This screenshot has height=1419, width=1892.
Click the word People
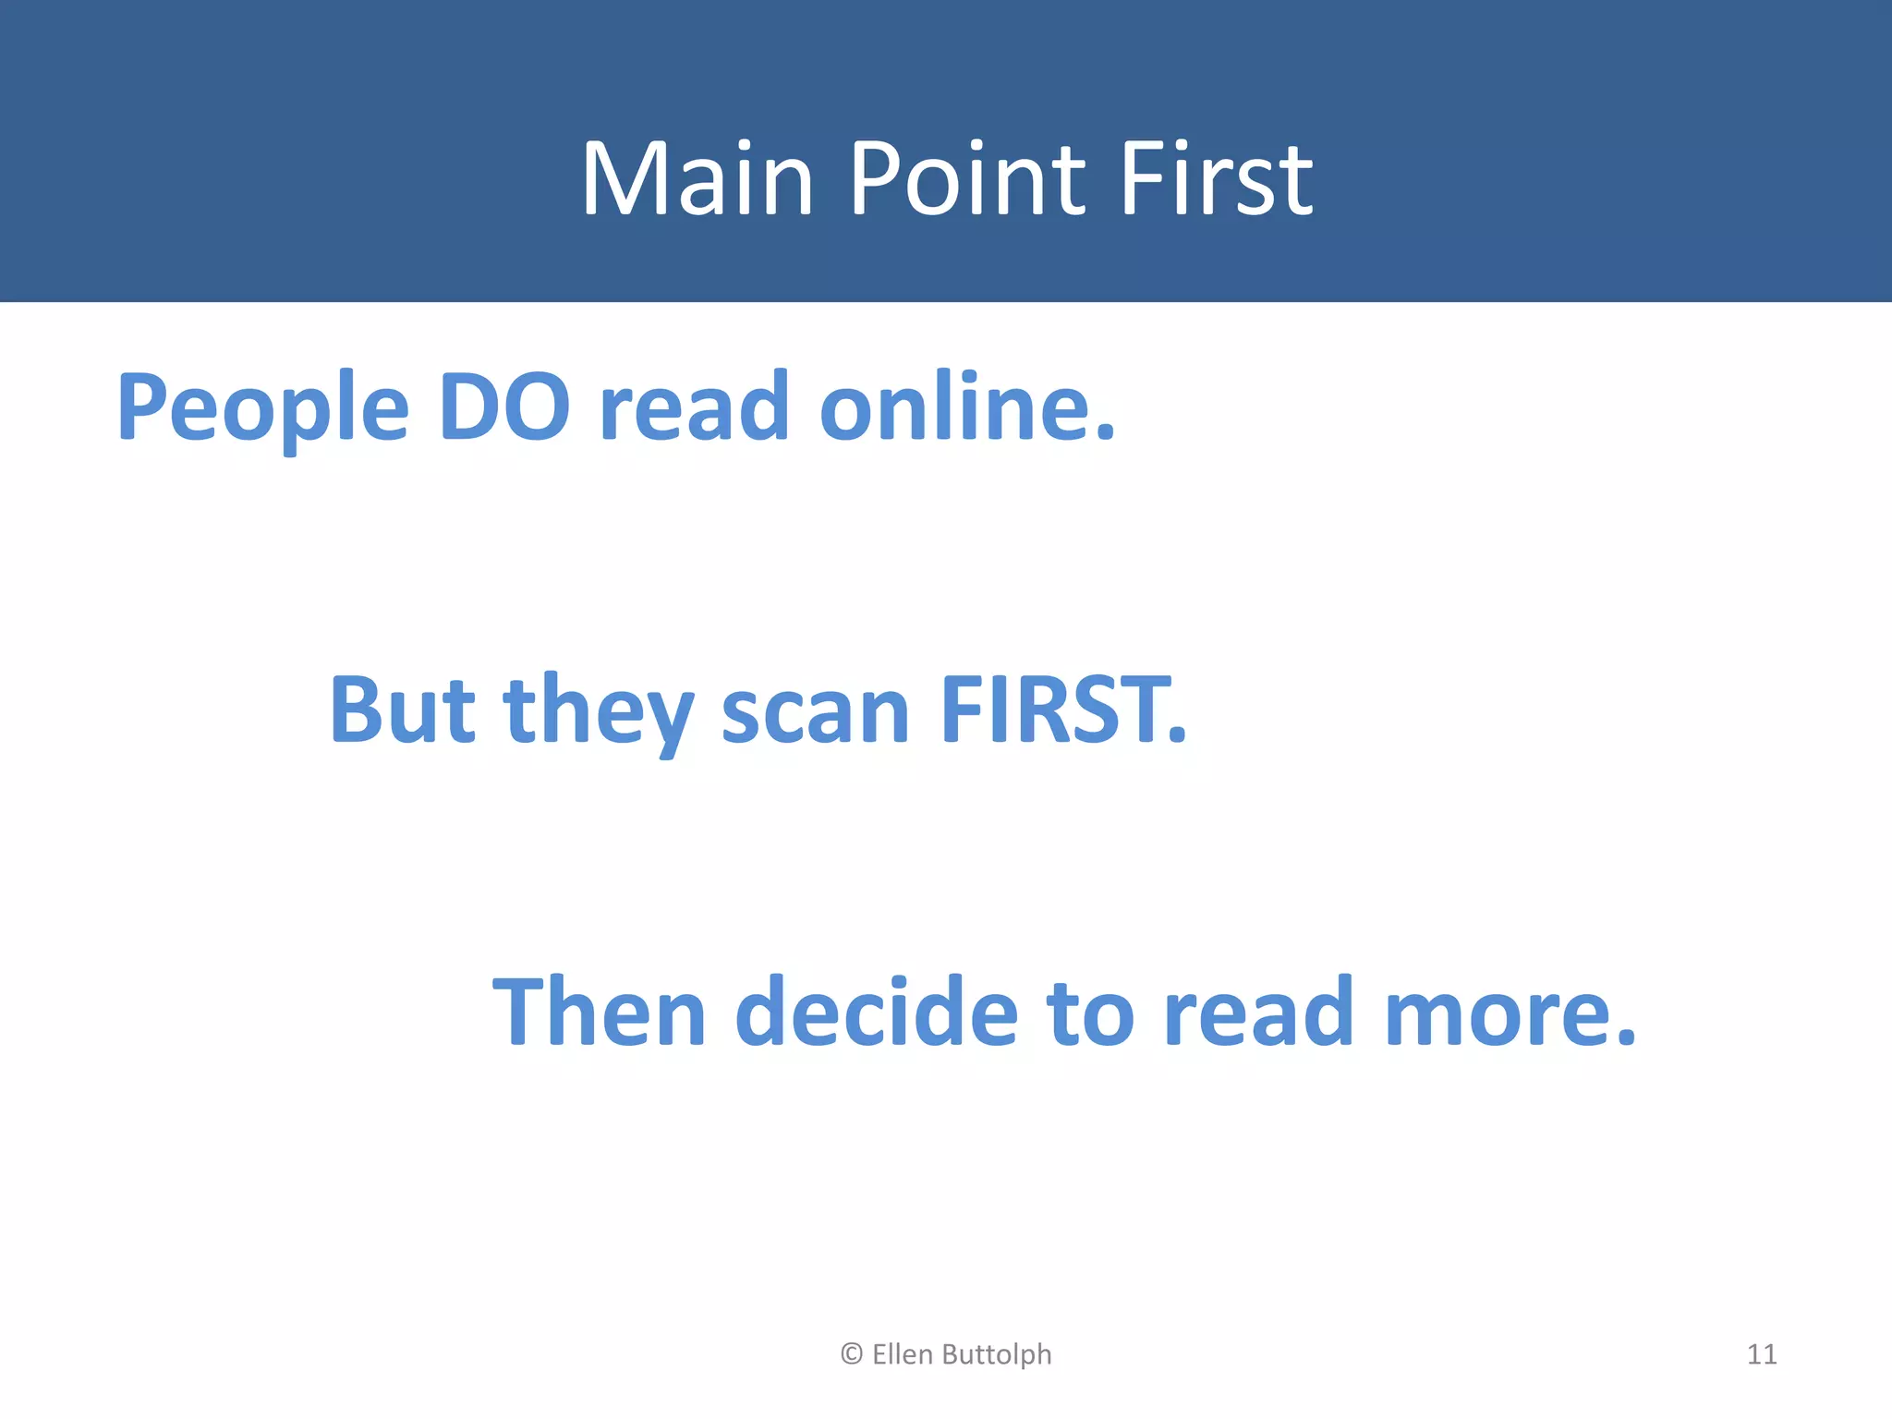click(x=262, y=407)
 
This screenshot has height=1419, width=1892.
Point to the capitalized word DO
click(x=504, y=407)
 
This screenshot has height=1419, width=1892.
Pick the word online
click(x=967, y=407)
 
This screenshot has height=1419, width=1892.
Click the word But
click(x=402, y=709)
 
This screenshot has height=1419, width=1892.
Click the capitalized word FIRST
click(x=1062, y=709)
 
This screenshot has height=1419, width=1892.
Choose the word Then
click(x=600, y=1013)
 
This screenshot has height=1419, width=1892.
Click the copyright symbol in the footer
click(x=852, y=1354)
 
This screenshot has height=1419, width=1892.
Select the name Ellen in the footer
click(x=903, y=1354)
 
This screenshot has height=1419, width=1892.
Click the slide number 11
click(x=1762, y=1354)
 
